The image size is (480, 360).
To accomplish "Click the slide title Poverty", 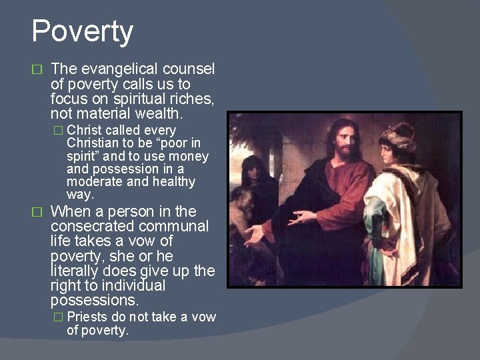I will [x=83, y=31].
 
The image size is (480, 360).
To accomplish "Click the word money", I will [x=191, y=156].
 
